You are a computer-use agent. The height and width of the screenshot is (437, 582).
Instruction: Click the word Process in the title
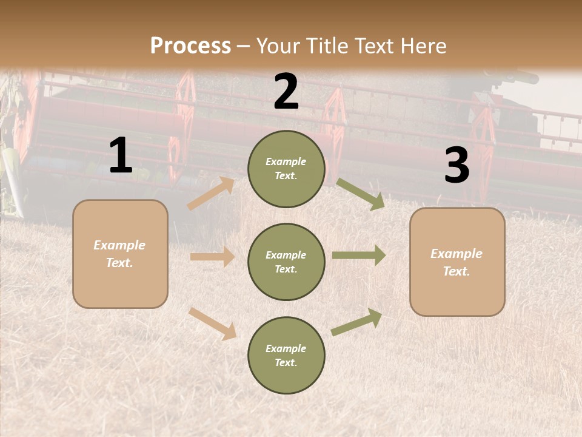point(190,46)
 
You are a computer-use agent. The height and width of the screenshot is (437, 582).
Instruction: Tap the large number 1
point(121,156)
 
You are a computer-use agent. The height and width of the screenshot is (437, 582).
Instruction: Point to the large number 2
point(286,92)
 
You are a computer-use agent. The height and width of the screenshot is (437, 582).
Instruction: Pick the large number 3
point(457,166)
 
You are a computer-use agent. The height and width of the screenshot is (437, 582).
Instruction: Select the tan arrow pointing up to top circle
point(211,194)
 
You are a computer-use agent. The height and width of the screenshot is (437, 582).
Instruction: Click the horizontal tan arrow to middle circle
point(212,257)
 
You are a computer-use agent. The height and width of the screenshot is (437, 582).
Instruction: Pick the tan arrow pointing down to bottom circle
point(212,324)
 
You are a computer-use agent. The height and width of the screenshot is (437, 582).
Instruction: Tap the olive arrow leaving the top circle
point(360,194)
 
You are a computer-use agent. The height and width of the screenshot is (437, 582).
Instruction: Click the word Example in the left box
point(119,245)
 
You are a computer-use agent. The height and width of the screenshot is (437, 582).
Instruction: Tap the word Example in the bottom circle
point(286,348)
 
